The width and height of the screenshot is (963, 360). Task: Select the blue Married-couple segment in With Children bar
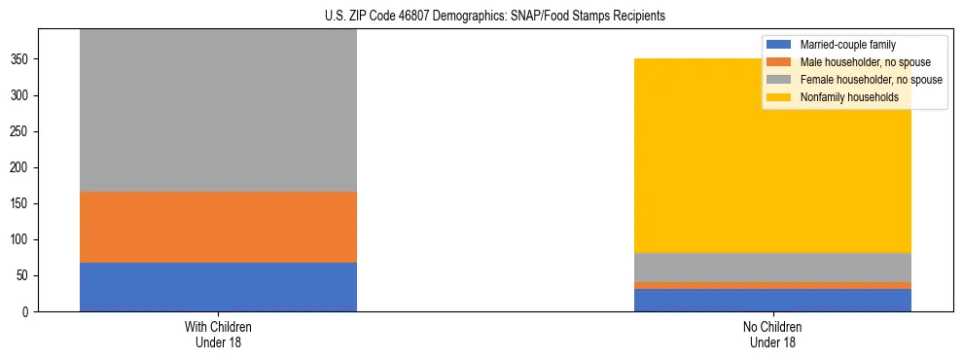[x=218, y=287]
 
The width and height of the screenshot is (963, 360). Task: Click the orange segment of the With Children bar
[x=218, y=227]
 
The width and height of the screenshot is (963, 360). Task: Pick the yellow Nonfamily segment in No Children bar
[x=772, y=165]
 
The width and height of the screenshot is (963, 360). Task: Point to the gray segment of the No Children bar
[x=772, y=268]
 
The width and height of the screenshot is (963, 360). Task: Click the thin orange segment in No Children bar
[x=772, y=285]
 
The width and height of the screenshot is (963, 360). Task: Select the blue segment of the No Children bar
[x=772, y=300]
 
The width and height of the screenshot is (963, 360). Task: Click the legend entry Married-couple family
[x=847, y=45]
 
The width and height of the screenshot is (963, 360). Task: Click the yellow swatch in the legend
[x=779, y=97]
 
